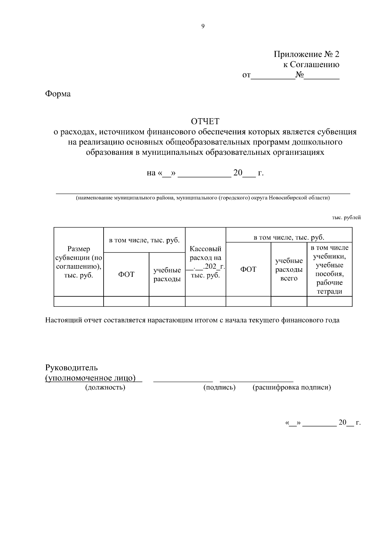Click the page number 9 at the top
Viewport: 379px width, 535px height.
202,26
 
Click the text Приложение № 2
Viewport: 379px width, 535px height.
306,54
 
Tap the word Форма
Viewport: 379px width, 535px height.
58,94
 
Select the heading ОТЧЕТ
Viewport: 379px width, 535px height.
205,121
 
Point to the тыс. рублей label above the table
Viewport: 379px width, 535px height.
346,218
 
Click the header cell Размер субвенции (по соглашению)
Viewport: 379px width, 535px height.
79,262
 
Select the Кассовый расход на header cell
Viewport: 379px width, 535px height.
205,262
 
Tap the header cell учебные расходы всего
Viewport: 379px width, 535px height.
289,270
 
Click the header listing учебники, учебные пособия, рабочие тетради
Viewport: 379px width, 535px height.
329,270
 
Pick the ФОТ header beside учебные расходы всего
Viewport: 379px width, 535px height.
248,270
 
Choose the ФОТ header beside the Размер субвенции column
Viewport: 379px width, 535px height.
126,274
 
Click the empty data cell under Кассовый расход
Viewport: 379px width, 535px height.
205,301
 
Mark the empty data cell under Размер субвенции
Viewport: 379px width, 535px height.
79,301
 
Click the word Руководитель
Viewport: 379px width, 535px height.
71,368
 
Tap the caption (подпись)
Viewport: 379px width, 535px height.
219,387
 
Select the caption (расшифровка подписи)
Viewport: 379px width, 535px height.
292,387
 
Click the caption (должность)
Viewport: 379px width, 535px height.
105,387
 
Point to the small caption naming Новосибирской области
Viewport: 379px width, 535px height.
202,198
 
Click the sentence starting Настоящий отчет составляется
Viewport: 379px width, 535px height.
192,320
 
